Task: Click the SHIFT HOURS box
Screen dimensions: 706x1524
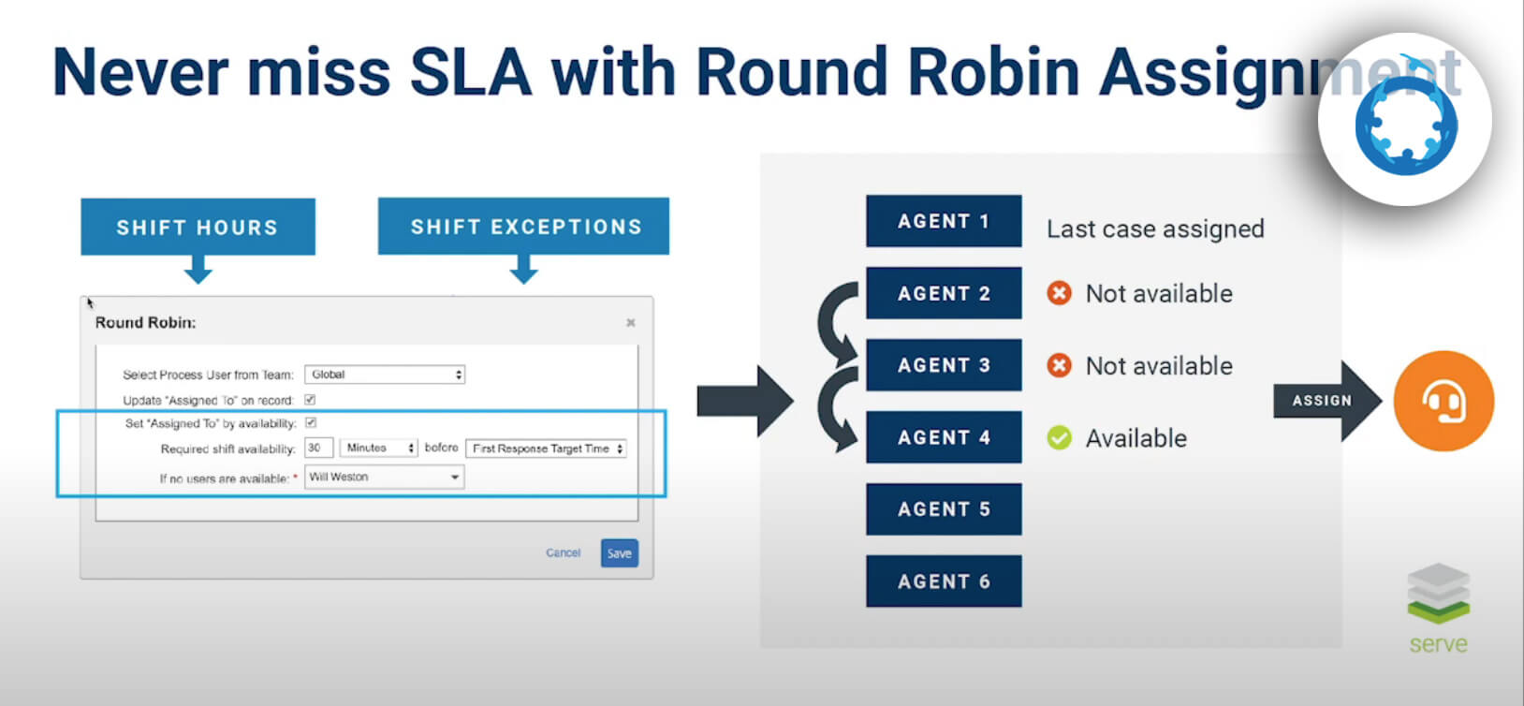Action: click(x=198, y=227)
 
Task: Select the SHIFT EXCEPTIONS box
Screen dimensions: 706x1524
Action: click(x=524, y=227)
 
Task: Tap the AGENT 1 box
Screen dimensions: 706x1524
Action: click(x=944, y=221)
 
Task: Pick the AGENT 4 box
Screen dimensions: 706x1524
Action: click(x=944, y=437)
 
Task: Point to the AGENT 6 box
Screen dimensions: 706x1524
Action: click(x=944, y=581)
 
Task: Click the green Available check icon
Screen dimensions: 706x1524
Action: click(x=1059, y=438)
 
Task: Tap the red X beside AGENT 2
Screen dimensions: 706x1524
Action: click(x=1059, y=293)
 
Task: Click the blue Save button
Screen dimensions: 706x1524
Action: click(x=619, y=553)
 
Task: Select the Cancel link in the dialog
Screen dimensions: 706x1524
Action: click(x=563, y=553)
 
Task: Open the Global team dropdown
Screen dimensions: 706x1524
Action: click(x=385, y=375)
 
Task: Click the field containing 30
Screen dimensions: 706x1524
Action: click(x=319, y=449)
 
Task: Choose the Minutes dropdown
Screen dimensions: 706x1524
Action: click(x=378, y=449)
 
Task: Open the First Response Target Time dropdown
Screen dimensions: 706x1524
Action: click(x=547, y=449)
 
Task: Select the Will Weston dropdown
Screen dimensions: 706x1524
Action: click(x=385, y=478)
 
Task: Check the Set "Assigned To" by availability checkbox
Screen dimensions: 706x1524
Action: click(x=311, y=423)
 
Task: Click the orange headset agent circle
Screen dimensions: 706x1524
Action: click(x=1443, y=401)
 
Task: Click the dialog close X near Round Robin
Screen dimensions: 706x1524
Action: click(x=630, y=323)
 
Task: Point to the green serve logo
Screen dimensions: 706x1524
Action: click(x=1438, y=608)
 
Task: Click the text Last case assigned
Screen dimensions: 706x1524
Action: click(x=1155, y=229)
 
